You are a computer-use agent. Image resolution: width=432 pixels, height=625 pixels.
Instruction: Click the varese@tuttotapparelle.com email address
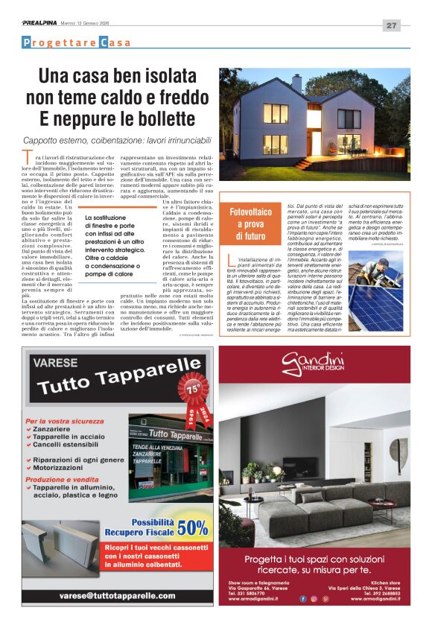[x=118, y=595]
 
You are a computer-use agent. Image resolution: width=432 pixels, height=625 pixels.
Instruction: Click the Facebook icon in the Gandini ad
[x=302, y=598]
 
